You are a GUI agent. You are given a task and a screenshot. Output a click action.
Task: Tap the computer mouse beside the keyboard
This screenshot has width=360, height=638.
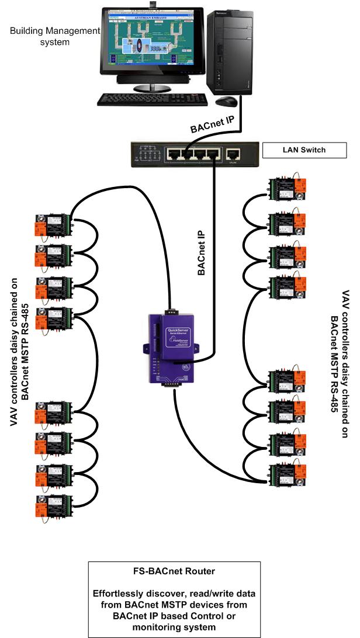[225, 102]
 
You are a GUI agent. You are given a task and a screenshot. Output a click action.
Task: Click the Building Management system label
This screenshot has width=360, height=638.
[55, 36]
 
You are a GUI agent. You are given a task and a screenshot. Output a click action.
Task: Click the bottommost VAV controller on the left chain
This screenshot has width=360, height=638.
[53, 504]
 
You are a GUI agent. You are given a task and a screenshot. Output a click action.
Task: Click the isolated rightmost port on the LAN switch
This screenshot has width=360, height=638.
[233, 155]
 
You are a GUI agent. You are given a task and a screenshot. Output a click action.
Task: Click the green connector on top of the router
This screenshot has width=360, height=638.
[171, 311]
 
